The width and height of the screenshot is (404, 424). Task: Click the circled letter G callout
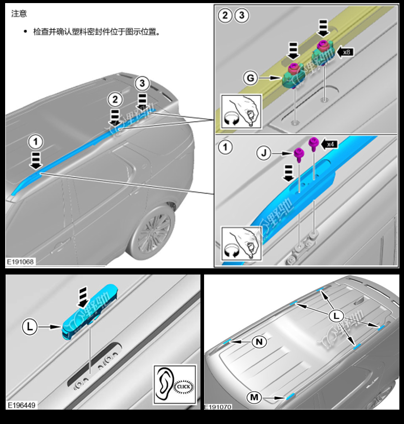[x=250, y=78]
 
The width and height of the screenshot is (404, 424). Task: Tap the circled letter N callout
[x=260, y=342]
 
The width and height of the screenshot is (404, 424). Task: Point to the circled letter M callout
[x=254, y=397]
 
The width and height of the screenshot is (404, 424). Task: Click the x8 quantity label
[x=347, y=52]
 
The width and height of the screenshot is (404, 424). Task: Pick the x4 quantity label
[x=330, y=144]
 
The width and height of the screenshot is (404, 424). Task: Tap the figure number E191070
[x=218, y=407]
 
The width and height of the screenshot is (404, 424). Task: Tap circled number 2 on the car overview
[x=116, y=99]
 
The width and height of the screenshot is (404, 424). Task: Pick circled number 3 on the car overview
[x=143, y=82]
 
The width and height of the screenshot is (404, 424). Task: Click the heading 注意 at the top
[x=19, y=14]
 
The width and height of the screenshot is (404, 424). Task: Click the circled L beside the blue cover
[x=30, y=326]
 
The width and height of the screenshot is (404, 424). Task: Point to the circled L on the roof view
[x=336, y=316]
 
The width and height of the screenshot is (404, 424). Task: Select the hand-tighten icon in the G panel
[x=237, y=111]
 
